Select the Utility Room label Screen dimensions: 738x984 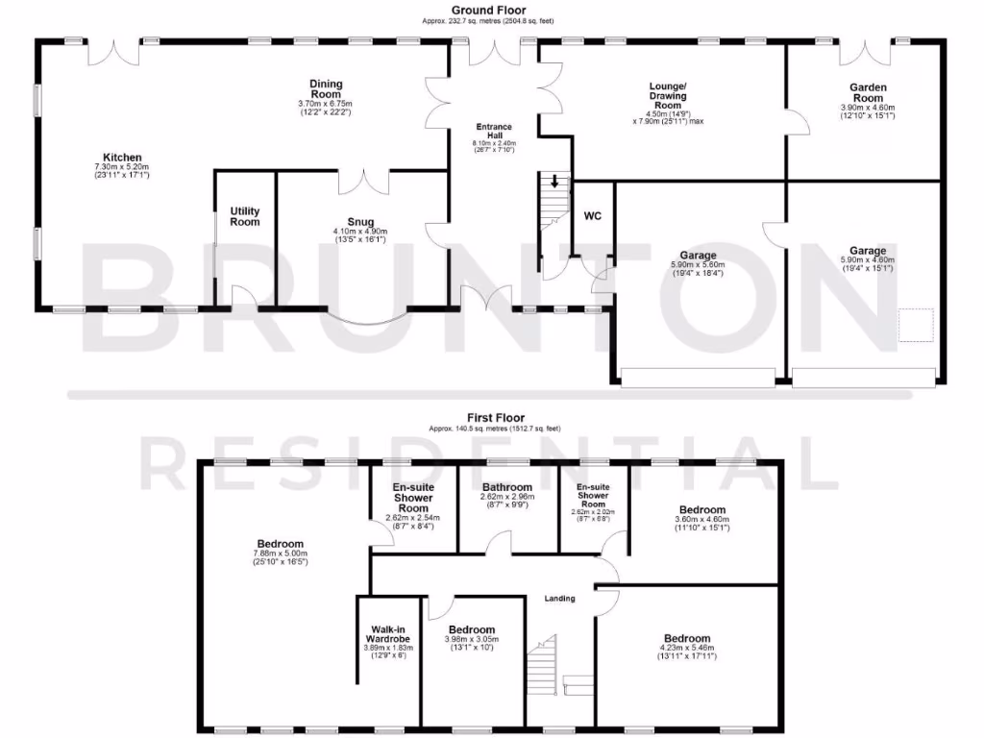[245, 216]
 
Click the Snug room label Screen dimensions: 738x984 [361, 222]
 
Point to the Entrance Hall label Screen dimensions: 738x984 [495, 132]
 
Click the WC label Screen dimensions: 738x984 [593, 216]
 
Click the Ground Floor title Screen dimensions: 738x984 [487, 11]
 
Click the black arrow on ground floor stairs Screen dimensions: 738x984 [554, 181]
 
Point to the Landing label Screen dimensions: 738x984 [559, 599]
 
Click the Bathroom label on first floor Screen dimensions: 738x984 [507, 487]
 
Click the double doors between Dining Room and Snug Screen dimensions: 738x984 [364, 179]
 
